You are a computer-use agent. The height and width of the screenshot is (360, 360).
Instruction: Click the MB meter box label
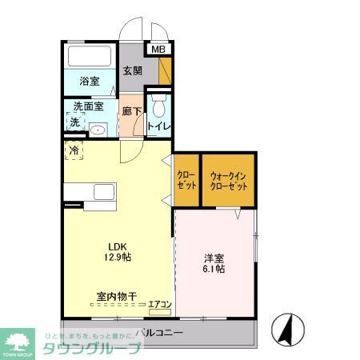pyautogui.click(x=158, y=50)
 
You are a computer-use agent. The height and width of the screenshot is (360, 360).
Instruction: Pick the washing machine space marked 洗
pyautogui.click(x=74, y=122)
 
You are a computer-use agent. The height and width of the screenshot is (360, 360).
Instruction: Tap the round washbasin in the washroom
pyautogui.click(x=98, y=130)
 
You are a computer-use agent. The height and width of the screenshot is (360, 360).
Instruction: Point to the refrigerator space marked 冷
pyautogui.click(x=74, y=150)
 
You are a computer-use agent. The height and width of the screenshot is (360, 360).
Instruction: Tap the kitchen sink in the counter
pyautogui.click(x=104, y=193)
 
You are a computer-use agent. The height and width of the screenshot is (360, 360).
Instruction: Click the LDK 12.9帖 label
pyautogui.click(x=114, y=251)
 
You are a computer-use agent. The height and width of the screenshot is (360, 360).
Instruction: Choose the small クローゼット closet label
pyautogui.click(x=186, y=181)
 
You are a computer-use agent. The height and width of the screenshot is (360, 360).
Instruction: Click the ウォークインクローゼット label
pyautogui.click(x=228, y=181)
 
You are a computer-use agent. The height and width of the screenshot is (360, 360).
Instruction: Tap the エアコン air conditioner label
pyautogui.click(x=159, y=303)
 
